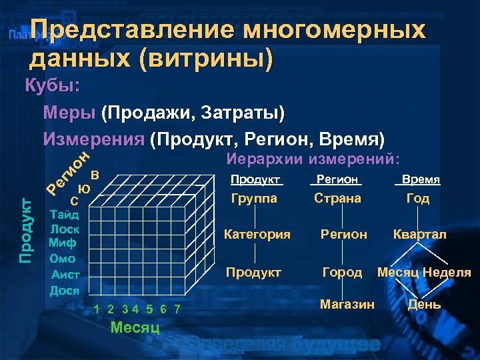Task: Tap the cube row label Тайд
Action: (x=65, y=215)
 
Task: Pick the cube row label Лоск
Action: (x=65, y=229)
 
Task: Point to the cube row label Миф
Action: (x=63, y=243)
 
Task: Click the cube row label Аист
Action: (x=65, y=275)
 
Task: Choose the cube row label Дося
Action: (x=65, y=291)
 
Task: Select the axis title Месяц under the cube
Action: (x=135, y=327)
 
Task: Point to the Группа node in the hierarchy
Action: (x=253, y=199)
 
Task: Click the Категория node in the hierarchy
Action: (x=257, y=235)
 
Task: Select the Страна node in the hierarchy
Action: (x=338, y=199)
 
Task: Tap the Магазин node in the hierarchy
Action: (x=347, y=305)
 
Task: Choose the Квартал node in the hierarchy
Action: (x=420, y=235)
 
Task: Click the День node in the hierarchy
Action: (x=424, y=305)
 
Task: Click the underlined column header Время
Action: (x=418, y=180)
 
